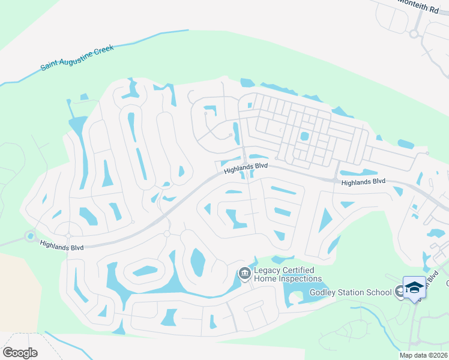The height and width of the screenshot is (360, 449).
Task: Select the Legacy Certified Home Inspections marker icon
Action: coord(244,274)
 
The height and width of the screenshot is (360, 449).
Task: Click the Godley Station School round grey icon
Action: coord(400,292)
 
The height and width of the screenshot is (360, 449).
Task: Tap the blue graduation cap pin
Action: coord(414,287)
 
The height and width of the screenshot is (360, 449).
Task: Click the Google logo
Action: coord(20,353)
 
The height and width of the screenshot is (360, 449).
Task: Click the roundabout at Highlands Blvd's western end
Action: coord(30,236)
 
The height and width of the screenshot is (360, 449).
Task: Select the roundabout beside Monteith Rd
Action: coord(414,34)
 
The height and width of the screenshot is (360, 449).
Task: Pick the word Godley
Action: coord(324,293)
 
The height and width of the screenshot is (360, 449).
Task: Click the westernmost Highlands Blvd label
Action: coord(62,245)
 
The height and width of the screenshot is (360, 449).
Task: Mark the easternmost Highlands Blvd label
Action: coord(362,182)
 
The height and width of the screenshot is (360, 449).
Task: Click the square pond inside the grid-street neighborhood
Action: coord(304,136)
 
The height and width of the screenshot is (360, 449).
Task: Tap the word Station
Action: coord(353,293)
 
